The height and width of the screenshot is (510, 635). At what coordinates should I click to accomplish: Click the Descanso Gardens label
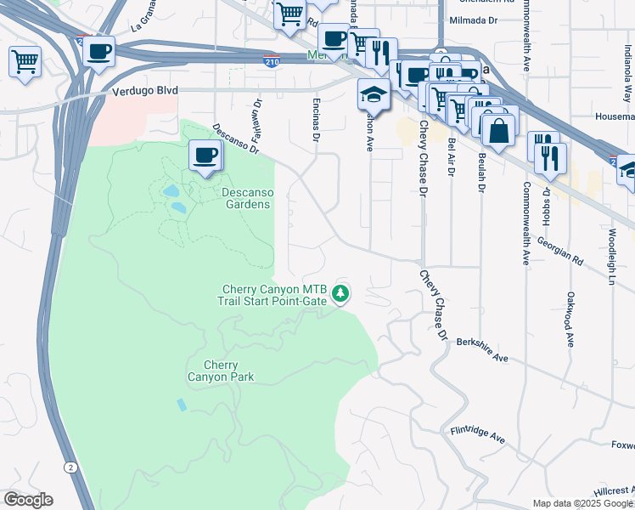[x=246, y=197]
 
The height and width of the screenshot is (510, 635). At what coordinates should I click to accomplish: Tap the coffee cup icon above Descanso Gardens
[x=205, y=156]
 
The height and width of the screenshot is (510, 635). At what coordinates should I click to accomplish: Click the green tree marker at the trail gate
[x=341, y=293]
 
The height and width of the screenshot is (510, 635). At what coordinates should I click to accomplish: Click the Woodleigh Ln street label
[x=611, y=255]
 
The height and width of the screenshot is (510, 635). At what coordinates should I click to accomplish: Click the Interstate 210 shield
[x=269, y=62]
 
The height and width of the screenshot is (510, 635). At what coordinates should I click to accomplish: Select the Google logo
[x=28, y=500]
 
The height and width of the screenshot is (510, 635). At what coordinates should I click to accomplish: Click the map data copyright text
[x=582, y=503]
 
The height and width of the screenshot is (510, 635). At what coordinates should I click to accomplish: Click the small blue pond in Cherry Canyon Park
[x=182, y=405]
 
